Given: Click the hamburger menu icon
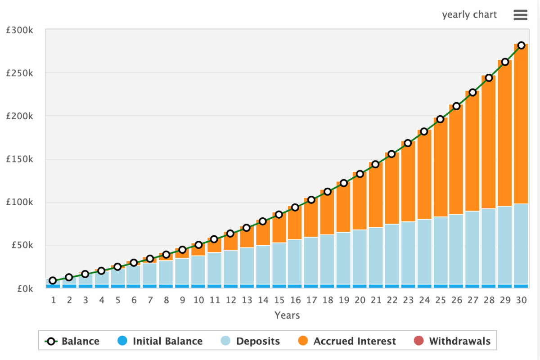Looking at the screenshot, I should [520, 15].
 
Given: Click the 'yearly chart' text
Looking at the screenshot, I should [469, 15].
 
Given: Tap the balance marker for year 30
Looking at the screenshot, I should [521, 45].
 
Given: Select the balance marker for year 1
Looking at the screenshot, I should [53, 281].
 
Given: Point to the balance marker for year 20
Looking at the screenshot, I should [360, 174].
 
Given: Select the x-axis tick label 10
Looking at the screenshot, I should [198, 300].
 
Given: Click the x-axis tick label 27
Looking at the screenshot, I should [473, 300].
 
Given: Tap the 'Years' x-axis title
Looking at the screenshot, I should [287, 315].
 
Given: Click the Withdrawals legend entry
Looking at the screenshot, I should [452, 341].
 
